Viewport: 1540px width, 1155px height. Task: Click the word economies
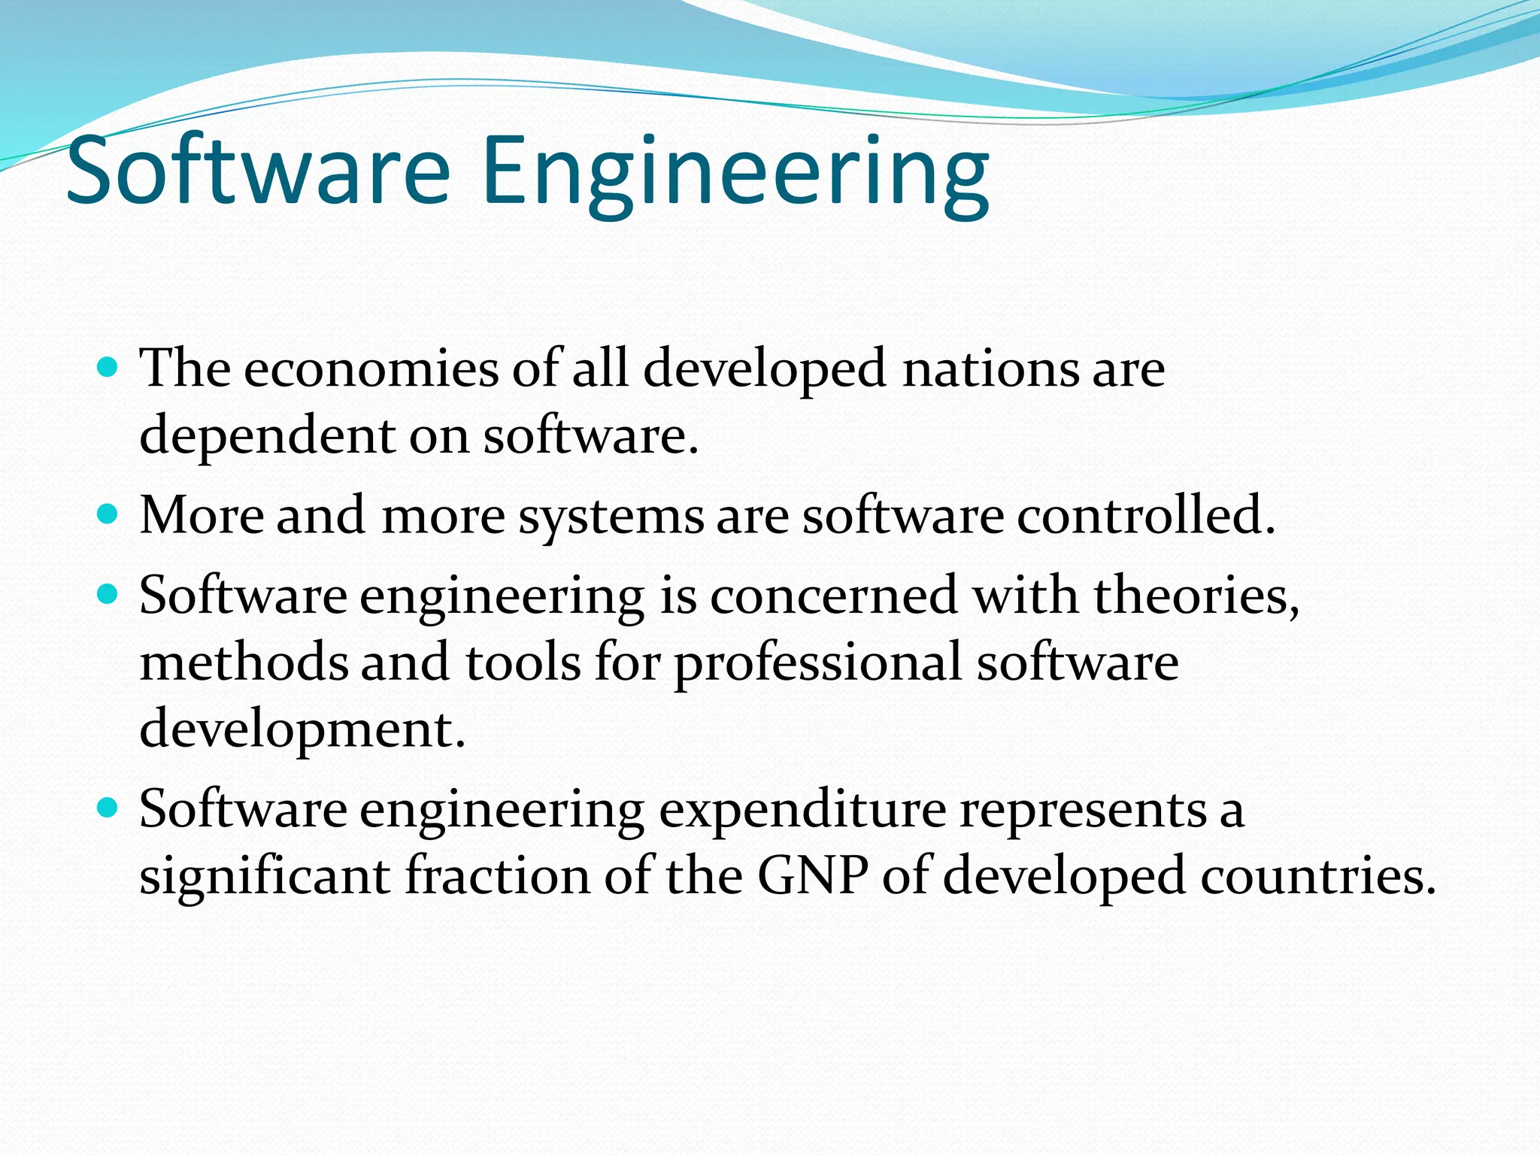(371, 369)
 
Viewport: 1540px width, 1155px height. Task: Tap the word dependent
(268, 436)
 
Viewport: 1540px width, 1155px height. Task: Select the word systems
(611, 517)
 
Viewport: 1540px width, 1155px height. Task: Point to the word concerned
(834, 596)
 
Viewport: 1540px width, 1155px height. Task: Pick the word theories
(1196, 596)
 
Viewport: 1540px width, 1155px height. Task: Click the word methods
(244, 662)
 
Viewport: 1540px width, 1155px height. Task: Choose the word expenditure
(802, 811)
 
